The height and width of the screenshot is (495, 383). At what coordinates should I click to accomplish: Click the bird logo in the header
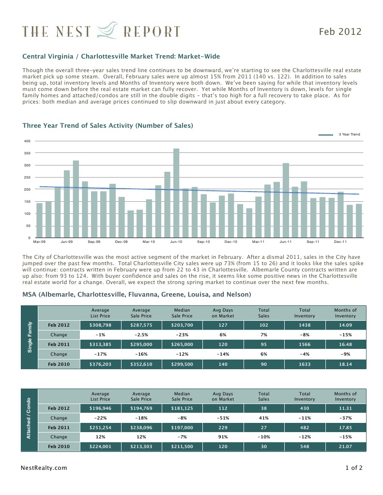107,30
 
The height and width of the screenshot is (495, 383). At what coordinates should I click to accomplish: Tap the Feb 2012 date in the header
340,32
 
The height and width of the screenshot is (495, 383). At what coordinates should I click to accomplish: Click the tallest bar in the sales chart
176,194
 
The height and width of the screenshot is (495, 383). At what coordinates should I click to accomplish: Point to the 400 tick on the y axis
27,141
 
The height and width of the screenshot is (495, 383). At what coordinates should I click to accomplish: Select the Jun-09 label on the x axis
67,241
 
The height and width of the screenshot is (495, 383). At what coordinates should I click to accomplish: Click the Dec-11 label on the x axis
340,241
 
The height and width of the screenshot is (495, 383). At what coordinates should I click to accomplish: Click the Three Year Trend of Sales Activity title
108,126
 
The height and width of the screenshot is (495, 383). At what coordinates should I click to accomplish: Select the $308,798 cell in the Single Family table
100,325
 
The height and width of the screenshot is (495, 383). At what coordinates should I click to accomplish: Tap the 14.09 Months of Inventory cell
345,325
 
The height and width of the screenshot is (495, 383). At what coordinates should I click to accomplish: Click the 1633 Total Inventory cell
305,364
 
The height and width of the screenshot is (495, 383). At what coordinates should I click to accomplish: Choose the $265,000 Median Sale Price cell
182,345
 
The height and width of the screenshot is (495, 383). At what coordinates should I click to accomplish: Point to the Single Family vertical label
30,337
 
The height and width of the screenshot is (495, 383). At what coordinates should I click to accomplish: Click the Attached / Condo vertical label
30,419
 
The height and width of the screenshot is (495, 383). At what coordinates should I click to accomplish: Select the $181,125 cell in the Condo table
182,408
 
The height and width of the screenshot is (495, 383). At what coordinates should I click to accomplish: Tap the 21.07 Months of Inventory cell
345,447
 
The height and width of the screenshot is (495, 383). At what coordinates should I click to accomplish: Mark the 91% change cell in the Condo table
223,437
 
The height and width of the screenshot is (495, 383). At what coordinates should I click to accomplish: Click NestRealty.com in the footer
45,468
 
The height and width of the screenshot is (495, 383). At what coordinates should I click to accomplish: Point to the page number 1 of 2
353,468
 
